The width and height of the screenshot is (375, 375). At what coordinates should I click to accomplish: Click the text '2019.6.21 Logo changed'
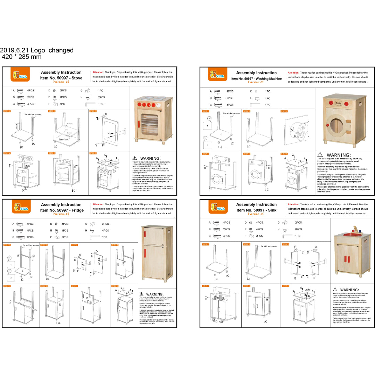(37, 50)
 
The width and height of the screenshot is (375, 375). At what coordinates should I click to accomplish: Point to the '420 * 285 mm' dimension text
(22, 57)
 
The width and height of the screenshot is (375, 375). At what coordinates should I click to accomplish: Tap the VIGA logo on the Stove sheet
(20, 75)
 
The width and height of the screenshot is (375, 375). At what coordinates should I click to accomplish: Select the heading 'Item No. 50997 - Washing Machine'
(256, 79)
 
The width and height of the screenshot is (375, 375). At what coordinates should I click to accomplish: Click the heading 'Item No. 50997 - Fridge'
(61, 210)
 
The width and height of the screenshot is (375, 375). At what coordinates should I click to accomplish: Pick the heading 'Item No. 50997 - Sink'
(256, 210)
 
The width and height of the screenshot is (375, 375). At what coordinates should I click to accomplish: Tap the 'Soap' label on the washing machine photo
(339, 103)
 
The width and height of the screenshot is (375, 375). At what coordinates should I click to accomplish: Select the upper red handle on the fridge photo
(145, 235)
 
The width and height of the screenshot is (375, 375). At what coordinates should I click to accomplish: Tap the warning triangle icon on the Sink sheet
(335, 290)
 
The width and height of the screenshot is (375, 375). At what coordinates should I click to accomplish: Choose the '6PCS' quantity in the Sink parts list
(298, 229)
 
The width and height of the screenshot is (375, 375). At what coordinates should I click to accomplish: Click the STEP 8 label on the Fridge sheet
(115, 286)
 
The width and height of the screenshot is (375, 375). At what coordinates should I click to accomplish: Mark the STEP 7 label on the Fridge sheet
(74, 286)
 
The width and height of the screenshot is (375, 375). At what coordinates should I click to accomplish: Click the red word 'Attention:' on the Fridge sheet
(98, 205)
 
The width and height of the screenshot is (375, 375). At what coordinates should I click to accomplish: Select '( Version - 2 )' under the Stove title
(61, 82)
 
